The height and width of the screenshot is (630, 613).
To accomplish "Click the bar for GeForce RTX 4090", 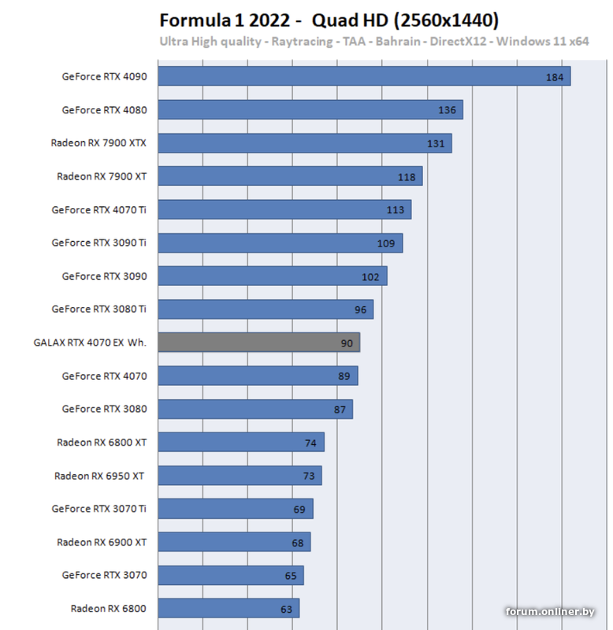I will pos(362,76).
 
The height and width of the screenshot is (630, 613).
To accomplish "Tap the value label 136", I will pos(447,110).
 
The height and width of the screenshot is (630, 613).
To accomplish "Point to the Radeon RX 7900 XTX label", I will pos(98,143).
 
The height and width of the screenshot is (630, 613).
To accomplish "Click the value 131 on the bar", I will pos(436,143).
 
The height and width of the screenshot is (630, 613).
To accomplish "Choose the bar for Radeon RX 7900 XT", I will pos(290,176).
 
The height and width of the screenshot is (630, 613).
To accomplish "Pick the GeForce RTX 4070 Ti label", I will pos(98,209).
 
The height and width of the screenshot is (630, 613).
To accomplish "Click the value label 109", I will pos(386,243).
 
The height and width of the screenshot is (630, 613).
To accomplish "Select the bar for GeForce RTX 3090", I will pos(272,276).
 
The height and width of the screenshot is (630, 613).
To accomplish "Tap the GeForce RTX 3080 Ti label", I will pos(98,309).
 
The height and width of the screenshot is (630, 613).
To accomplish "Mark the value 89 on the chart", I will pos(344,376).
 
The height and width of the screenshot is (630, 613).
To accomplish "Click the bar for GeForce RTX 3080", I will pos(254,409).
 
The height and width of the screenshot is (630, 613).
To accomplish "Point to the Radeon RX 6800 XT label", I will pos(102,443).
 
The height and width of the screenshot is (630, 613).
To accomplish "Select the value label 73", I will pos(309,476).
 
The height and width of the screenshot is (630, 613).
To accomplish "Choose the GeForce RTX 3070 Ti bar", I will pos(235,509).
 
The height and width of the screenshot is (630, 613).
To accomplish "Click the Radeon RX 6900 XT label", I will pos(102,542).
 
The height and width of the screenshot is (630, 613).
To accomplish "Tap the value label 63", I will pos(286,609).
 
